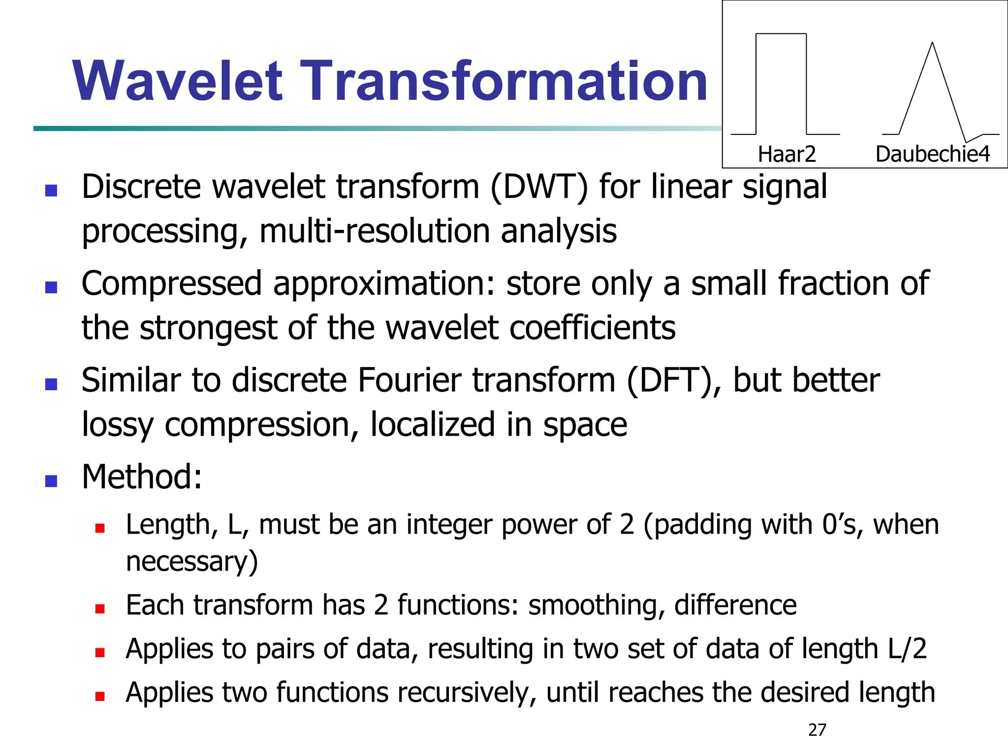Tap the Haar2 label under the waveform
[787, 154]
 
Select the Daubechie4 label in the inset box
[932, 154]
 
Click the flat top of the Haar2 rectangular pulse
[781, 34]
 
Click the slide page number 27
[817, 730]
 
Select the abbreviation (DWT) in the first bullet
[539, 188]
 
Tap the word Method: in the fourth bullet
[142, 477]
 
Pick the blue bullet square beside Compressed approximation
[51, 287]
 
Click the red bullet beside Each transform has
[100, 609]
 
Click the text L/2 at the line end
[907, 649]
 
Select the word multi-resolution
[375, 231]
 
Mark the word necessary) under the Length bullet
[192, 562]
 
